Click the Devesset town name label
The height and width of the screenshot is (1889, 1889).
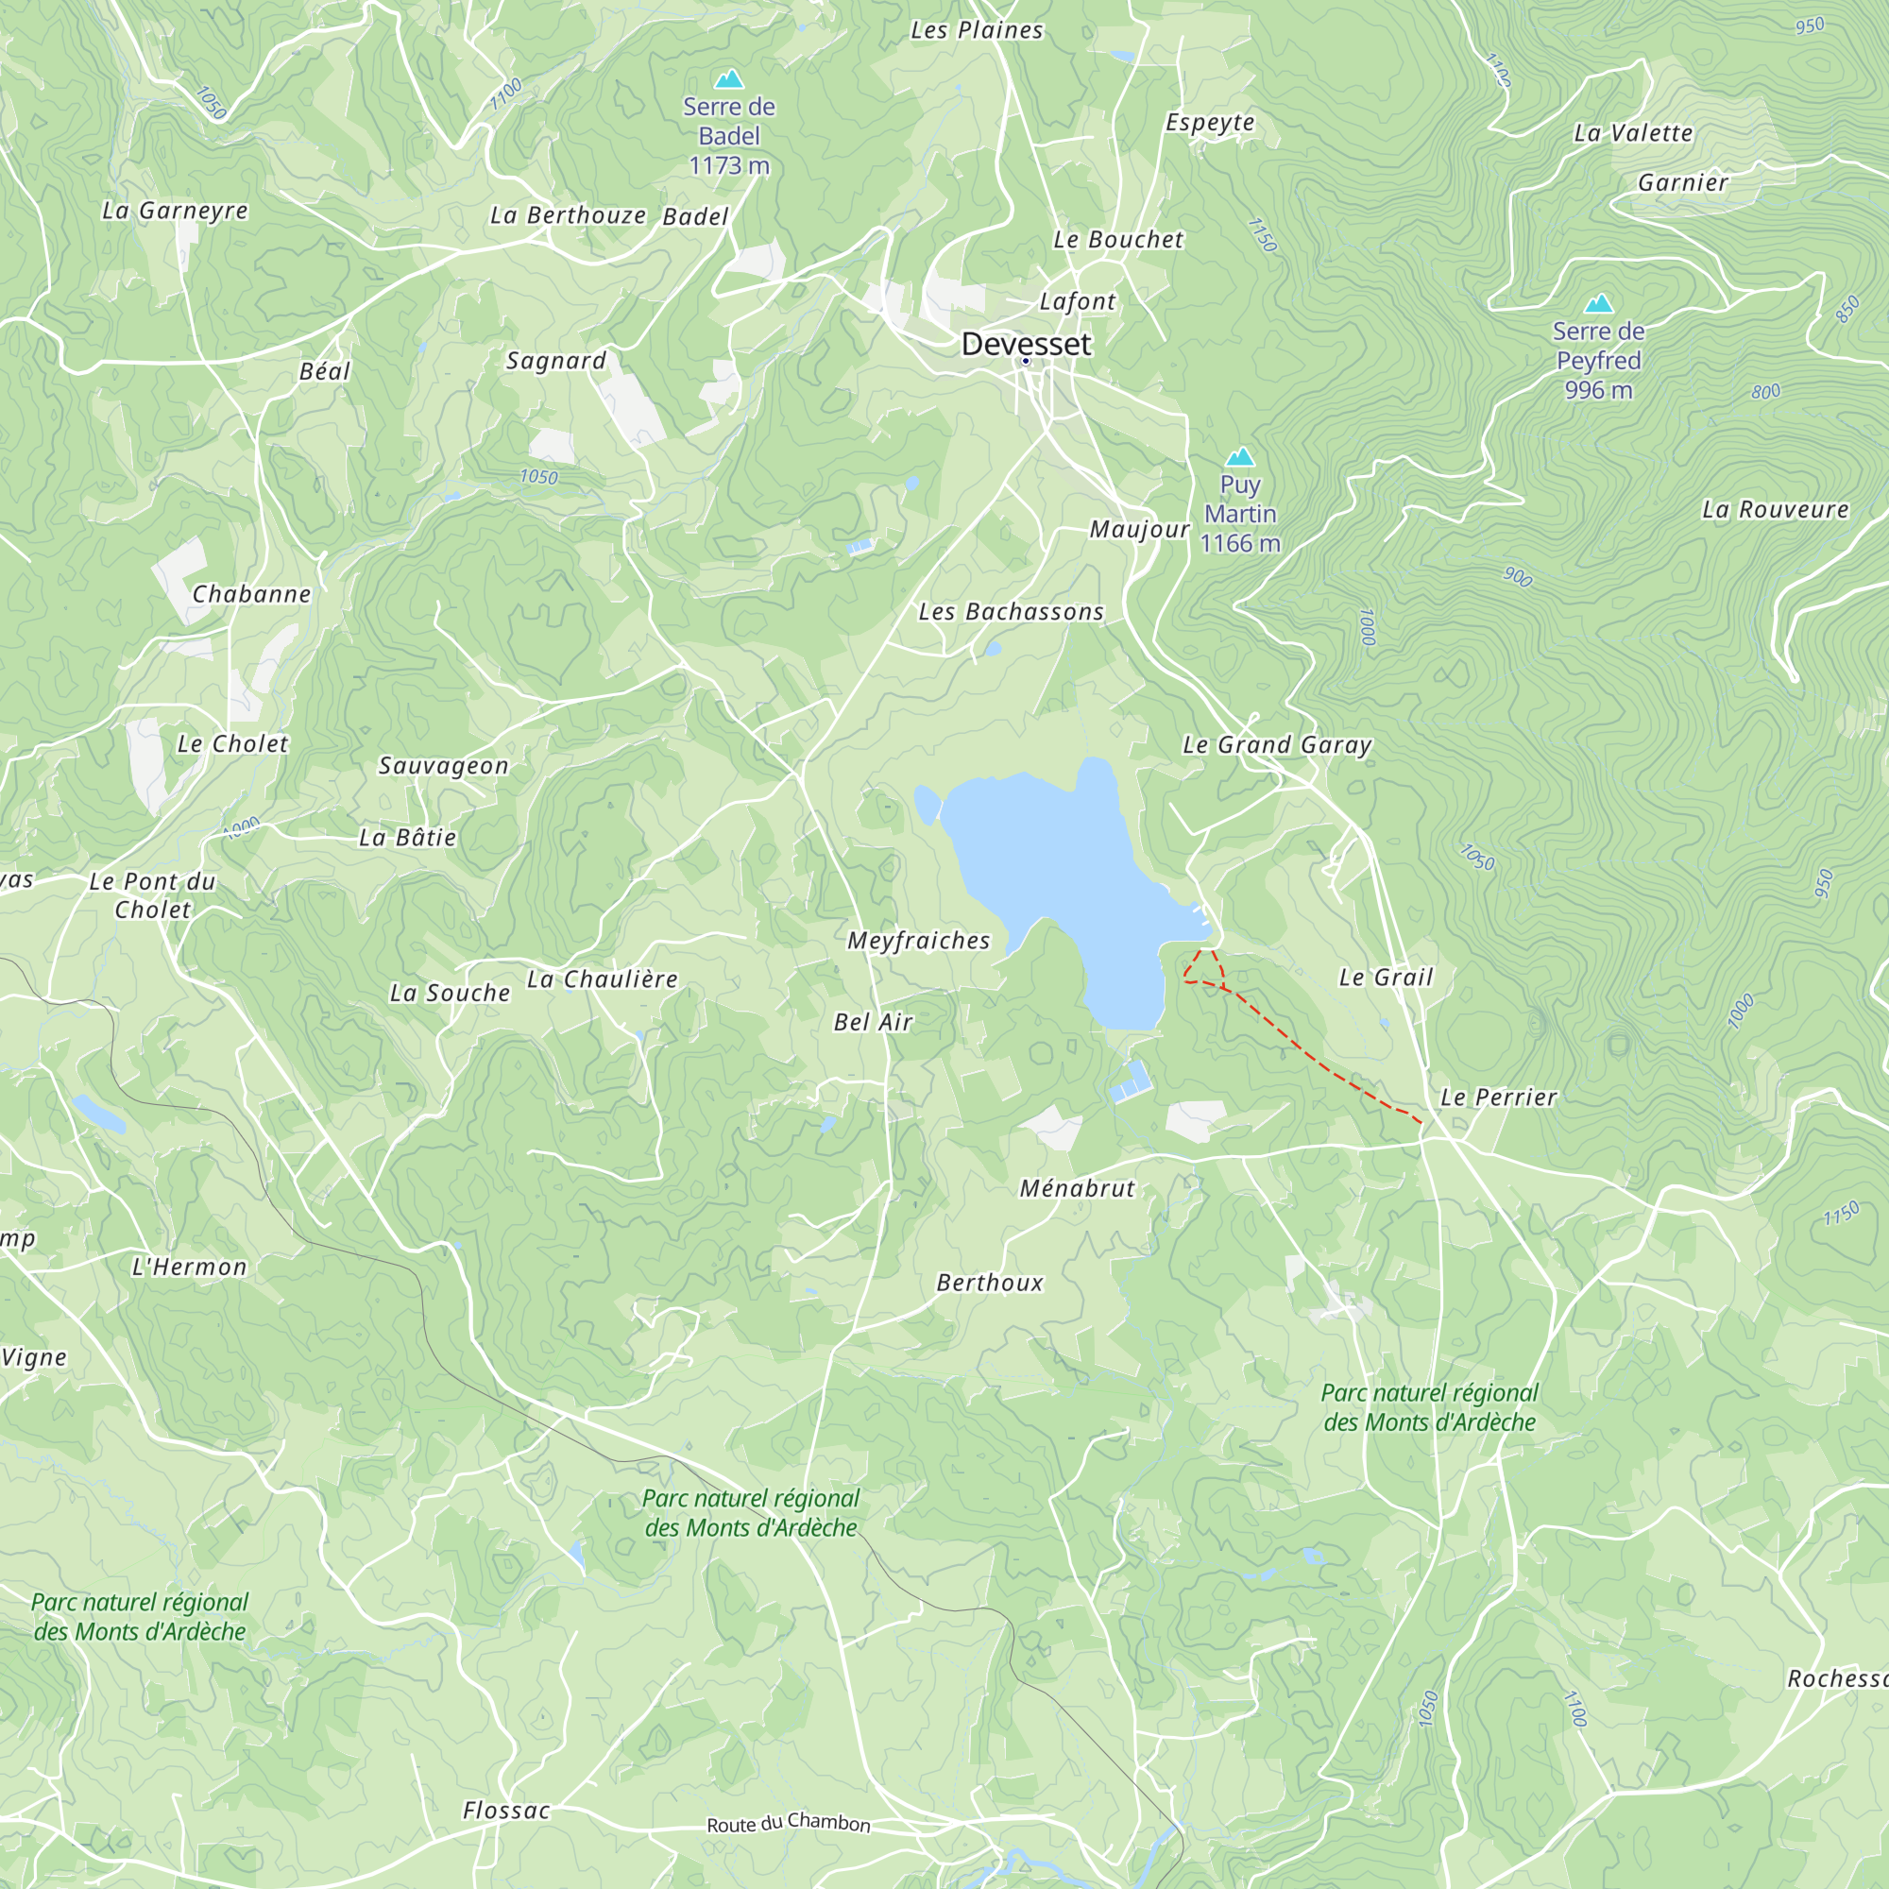click(x=1026, y=344)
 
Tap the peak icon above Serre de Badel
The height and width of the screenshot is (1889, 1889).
click(x=728, y=78)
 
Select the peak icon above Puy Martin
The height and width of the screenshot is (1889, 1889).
click(x=1240, y=456)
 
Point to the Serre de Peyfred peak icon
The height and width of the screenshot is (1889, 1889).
click(x=1599, y=303)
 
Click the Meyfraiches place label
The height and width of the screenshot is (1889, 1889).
click(x=918, y=941)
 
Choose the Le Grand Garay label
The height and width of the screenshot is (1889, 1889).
click(x=1277, y=745)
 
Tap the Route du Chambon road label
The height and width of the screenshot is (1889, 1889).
click(x=788, y=1823)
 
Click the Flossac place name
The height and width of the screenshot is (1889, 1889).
click(x=506, y=1811)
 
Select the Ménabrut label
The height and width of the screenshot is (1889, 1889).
click(x=1078, y=1188)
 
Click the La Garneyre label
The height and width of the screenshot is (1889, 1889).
click(x=175, y=211)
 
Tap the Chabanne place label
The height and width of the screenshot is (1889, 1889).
click(x=251, y=593)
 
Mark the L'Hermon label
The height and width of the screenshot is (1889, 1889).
click(x=190, y=1268)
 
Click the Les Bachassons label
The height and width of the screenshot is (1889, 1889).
click(x=1011, y=612)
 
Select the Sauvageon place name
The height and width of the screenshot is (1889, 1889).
click(x=444, y=766)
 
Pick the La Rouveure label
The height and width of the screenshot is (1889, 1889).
click(x=1775, y=509)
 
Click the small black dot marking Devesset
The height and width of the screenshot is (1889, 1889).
click(x=1026, y=361)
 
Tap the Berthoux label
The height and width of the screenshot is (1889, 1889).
click(x=990, y=1283)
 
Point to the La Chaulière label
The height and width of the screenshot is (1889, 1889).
click(x=603, y=979)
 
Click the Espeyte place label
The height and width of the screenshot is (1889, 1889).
click(x=1210, y=122)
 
